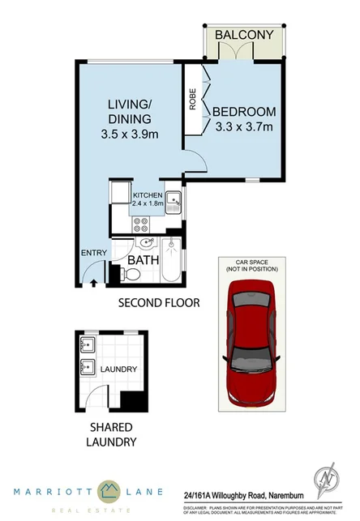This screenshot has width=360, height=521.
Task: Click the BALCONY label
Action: point(244,35)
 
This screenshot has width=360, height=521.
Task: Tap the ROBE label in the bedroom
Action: point(193,99)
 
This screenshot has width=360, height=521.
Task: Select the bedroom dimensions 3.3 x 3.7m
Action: point(246,126)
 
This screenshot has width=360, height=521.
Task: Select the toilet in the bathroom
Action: point(132,275)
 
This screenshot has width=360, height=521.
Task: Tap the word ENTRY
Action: point(93,254)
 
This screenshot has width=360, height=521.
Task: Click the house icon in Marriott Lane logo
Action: point(107,489)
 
